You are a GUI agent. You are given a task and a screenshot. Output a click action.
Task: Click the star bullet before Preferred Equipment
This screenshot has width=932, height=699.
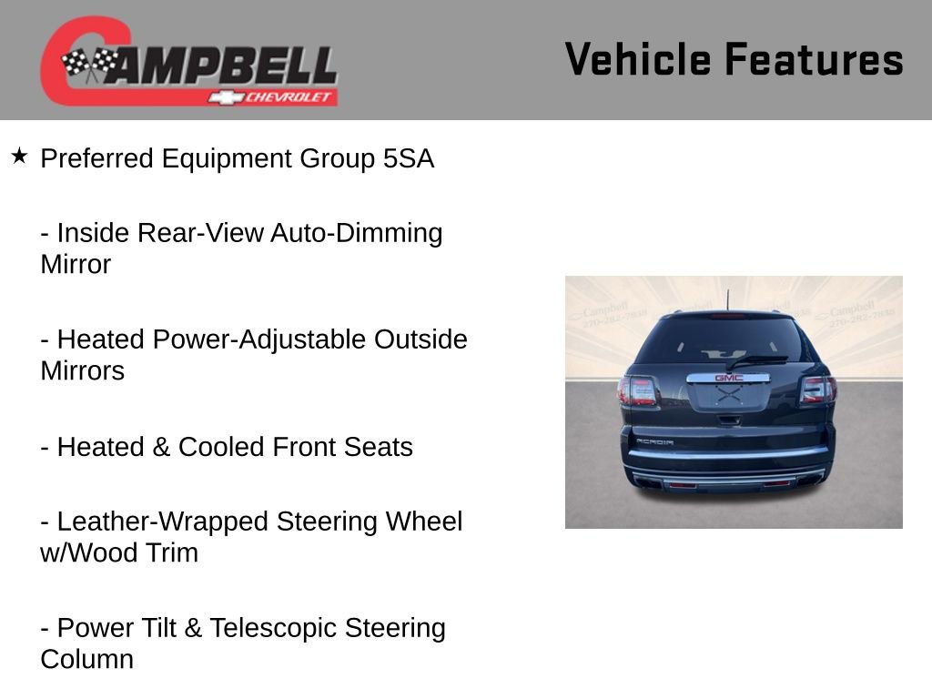(19, 157)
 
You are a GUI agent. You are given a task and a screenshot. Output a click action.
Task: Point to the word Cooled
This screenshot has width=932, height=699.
(222, 447)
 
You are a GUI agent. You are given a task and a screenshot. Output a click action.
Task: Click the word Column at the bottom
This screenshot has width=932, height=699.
(86, 660)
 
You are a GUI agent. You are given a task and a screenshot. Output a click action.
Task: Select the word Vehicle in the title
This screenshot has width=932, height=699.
(638, 59)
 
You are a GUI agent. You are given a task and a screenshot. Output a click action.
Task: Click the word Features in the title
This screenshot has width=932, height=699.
(814, 59)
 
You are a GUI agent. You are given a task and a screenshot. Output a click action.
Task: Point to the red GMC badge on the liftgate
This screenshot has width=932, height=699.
(729, 377)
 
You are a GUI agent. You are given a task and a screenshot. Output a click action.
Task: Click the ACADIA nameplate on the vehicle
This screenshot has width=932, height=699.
(654, 441)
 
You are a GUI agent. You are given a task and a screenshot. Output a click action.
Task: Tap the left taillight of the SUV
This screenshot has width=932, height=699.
(636, 391)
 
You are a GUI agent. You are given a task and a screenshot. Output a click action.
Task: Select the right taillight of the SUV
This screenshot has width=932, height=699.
(817, 390)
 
